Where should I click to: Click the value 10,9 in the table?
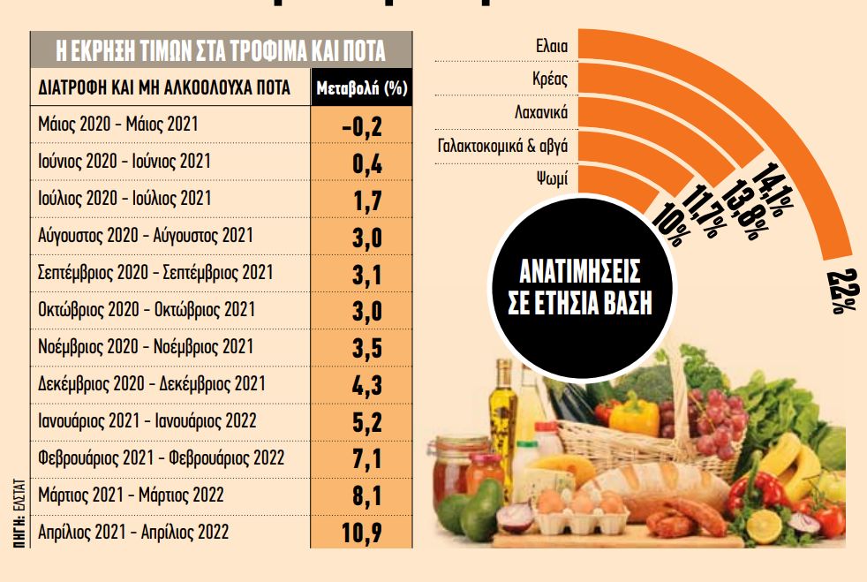click(361, 532)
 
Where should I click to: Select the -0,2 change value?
click(361, 125)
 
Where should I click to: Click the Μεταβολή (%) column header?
click(361, 88)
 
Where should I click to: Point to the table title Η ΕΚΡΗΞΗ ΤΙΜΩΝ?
click(221, 50)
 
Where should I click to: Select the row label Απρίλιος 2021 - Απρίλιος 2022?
click(133, 532)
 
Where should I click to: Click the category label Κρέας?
click(549, 79)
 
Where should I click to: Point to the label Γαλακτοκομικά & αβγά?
click(502, 146)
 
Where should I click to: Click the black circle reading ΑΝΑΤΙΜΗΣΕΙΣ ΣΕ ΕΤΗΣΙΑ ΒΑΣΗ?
click(579, 286)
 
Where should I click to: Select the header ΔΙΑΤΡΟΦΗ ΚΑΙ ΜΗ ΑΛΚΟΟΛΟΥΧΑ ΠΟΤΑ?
click(165, 88)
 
